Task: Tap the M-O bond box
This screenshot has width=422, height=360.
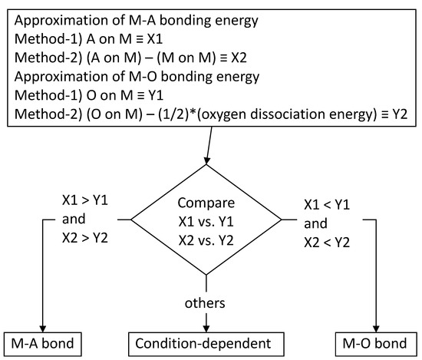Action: [x=376, y=339]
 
